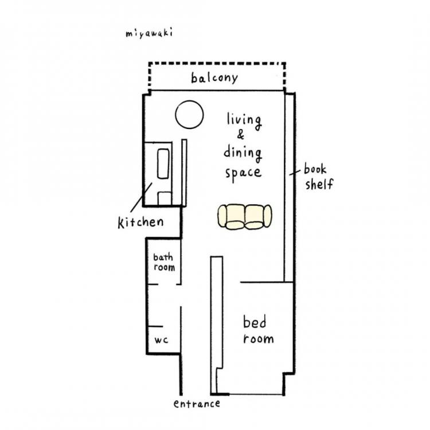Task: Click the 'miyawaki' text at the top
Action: click(149, 34)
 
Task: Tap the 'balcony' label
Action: click(214, 78)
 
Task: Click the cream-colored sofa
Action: click(245, 216)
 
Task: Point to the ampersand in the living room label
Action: click(240, 135)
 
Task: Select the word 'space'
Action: click(243, 173)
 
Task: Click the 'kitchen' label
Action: click(140, 222)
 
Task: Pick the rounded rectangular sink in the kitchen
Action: click(163, 164)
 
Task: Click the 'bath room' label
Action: click(164, 262)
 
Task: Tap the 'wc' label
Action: click(161, 341)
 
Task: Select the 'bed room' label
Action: click(258, 330)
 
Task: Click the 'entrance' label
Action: click(197, 404)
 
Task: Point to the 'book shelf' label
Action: click(319, 177)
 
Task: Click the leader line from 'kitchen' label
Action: click(141, 197)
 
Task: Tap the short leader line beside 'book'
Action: click(295, 172)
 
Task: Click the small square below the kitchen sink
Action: click(165, 198)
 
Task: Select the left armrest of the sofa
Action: click(222, 216)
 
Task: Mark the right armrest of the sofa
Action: click(267, 216)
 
